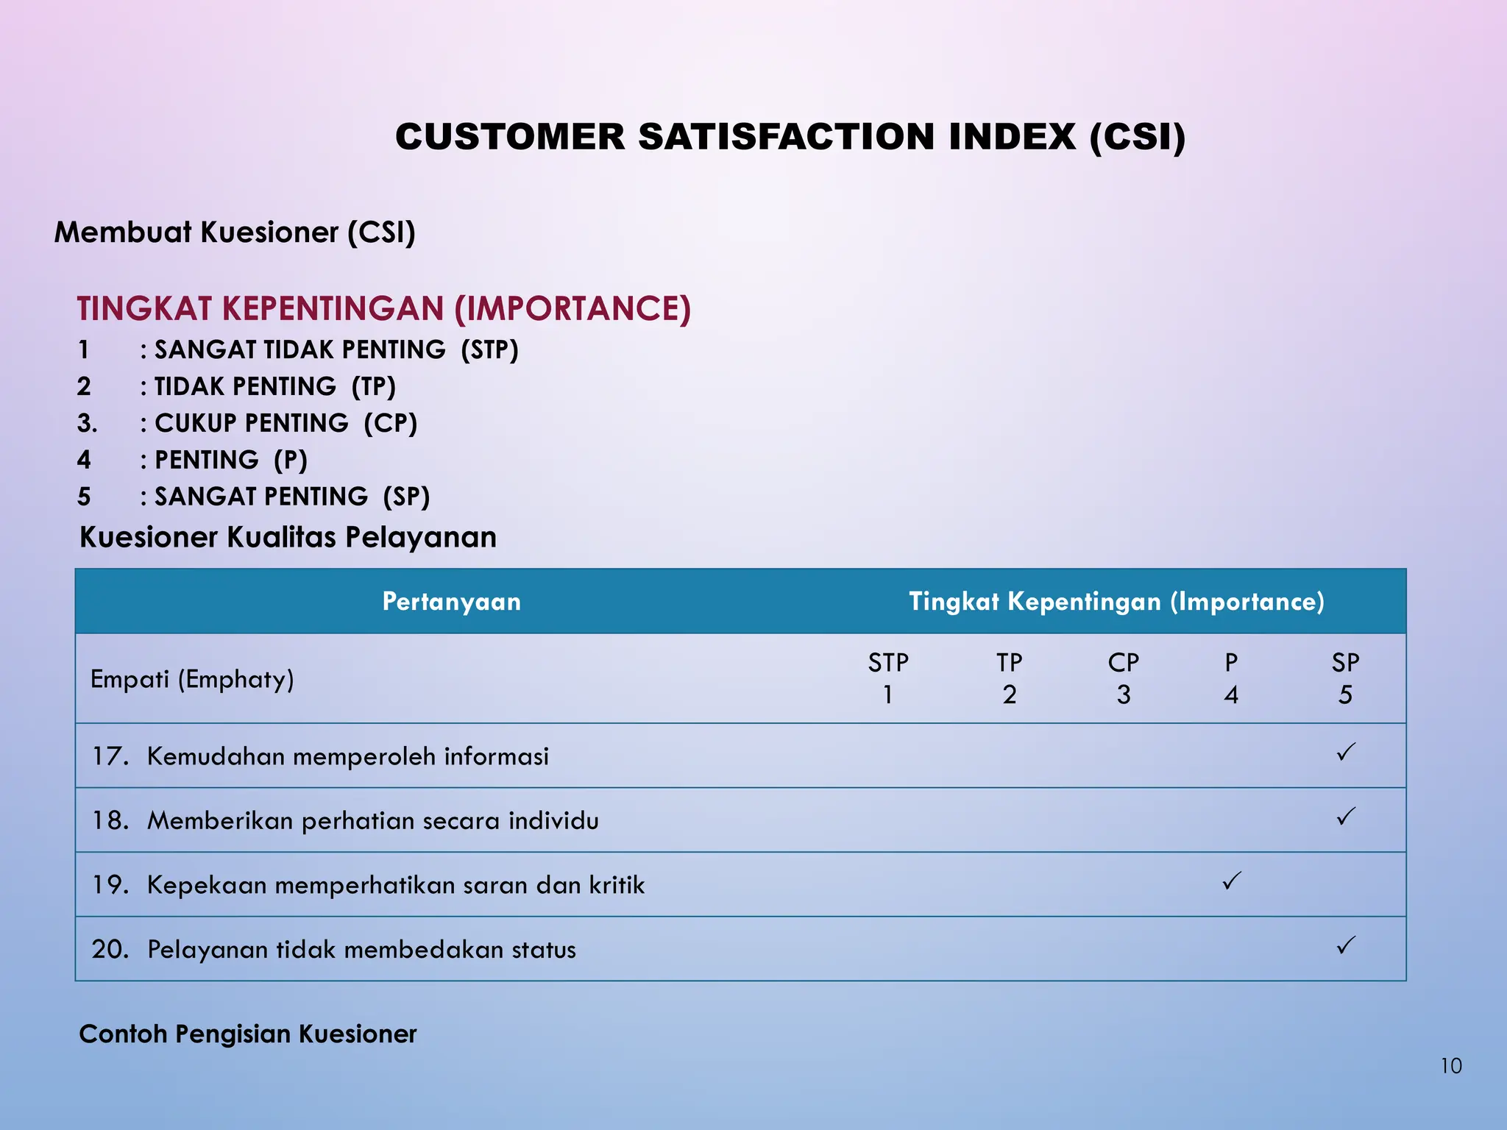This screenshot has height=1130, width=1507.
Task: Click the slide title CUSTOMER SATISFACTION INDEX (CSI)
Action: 790,138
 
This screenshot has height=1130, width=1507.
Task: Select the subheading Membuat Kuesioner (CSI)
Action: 235,232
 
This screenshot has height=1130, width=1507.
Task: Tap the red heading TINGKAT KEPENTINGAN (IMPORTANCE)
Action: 383,308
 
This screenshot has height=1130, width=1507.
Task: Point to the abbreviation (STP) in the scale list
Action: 489,349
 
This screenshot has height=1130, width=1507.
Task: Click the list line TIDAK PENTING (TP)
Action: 274,386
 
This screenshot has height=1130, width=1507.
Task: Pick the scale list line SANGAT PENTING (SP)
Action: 291,497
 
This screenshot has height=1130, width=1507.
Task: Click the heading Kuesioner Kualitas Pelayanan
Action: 288,537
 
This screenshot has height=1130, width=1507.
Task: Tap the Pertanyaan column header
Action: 451,602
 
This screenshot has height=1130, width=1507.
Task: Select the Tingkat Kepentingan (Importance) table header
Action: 1116,602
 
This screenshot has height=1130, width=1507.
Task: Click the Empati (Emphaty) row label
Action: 192,678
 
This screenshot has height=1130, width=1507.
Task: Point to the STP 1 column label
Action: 888,678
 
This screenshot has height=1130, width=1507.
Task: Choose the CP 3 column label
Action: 1123,678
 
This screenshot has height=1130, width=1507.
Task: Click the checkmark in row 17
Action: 1346,753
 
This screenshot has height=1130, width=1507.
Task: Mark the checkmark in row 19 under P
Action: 1231,881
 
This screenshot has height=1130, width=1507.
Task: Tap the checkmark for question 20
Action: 1346,945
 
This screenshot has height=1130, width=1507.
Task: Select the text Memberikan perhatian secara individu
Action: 372,820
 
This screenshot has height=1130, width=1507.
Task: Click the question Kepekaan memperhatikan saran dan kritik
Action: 395,885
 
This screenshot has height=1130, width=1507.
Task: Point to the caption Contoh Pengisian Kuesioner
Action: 248,1034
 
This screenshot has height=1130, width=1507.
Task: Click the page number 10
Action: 1450,1066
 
